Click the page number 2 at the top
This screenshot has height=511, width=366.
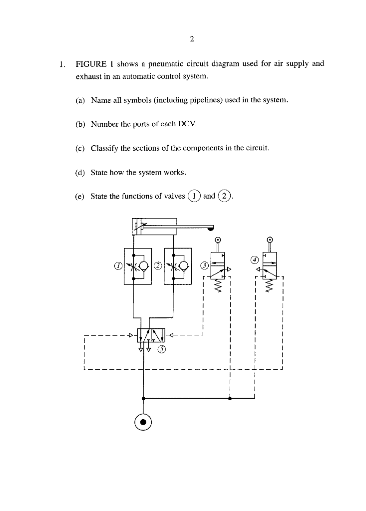click(x=192, y=39)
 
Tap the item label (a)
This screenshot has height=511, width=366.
click(x=80, y=100)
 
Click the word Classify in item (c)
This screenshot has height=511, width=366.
click(x=106, y=148)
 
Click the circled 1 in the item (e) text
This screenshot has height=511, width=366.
click(x=196, y=196)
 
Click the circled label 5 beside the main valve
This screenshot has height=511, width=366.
click(x=161, y=349)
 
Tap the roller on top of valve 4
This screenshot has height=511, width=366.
click(x=270, y=240)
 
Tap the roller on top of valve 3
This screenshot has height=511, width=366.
click(x=218, y=240)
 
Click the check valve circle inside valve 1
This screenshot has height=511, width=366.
click(x=142, y=265)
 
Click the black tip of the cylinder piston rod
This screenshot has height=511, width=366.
click(x=211, y=229)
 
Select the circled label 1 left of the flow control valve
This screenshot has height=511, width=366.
click(x=118, y=266)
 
